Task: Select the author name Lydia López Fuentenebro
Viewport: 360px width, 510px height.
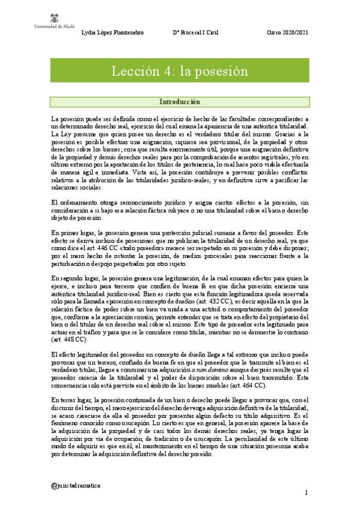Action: click(112, 32)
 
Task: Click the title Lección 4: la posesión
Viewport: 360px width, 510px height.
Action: click(180, 71)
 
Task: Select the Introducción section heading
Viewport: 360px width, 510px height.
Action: click(180, 102)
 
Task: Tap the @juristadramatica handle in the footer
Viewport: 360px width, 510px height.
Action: click(76, 484)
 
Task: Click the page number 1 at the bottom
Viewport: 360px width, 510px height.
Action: click(306, 493)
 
